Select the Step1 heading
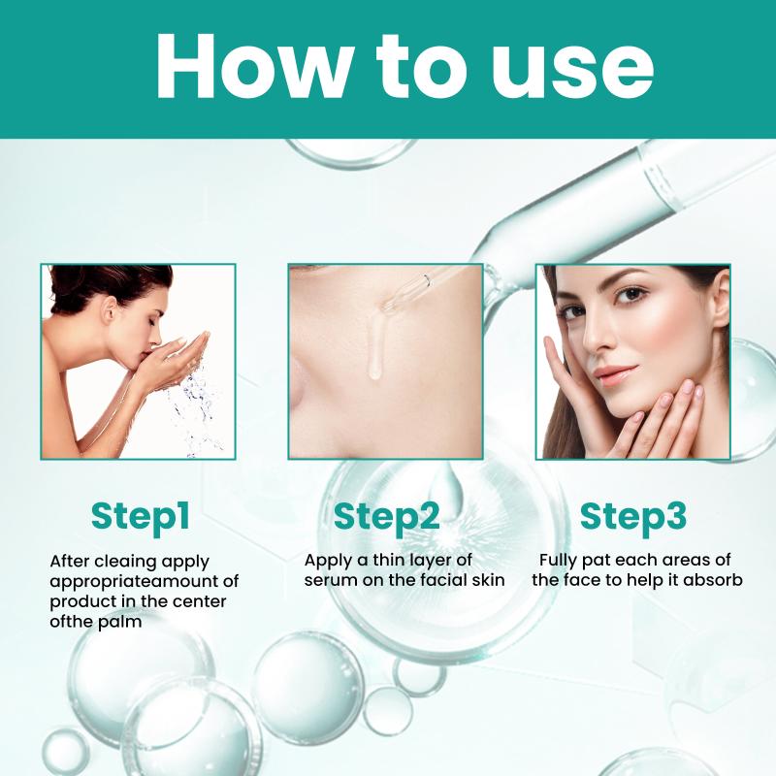(141, 518)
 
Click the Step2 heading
(386, 518)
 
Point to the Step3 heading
(633, 518)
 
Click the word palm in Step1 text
(119, 623)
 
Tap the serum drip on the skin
(375, 346)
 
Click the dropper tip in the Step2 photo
(385, 307)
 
